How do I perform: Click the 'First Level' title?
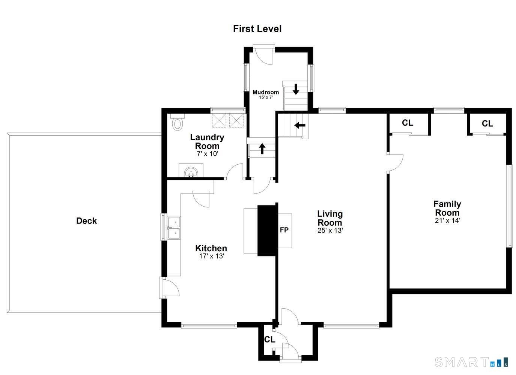[257, 29]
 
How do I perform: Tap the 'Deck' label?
[86, 221]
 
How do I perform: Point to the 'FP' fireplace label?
[284, 230]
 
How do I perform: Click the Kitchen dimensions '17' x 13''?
[212, 256]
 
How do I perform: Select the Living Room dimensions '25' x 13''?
[330, 230]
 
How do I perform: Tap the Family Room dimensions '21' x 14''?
[447, 220]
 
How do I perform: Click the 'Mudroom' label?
[266, 92]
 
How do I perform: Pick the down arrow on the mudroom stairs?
[296, 89]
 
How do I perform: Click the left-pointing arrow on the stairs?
[300, 126]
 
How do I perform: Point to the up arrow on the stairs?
[262, 149]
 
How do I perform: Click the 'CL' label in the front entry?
[269, 339]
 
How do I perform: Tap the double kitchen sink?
[174, 228]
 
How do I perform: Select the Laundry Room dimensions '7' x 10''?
[207, 153]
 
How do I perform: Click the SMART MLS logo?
[471, 362]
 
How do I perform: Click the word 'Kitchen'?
[211, 248]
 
